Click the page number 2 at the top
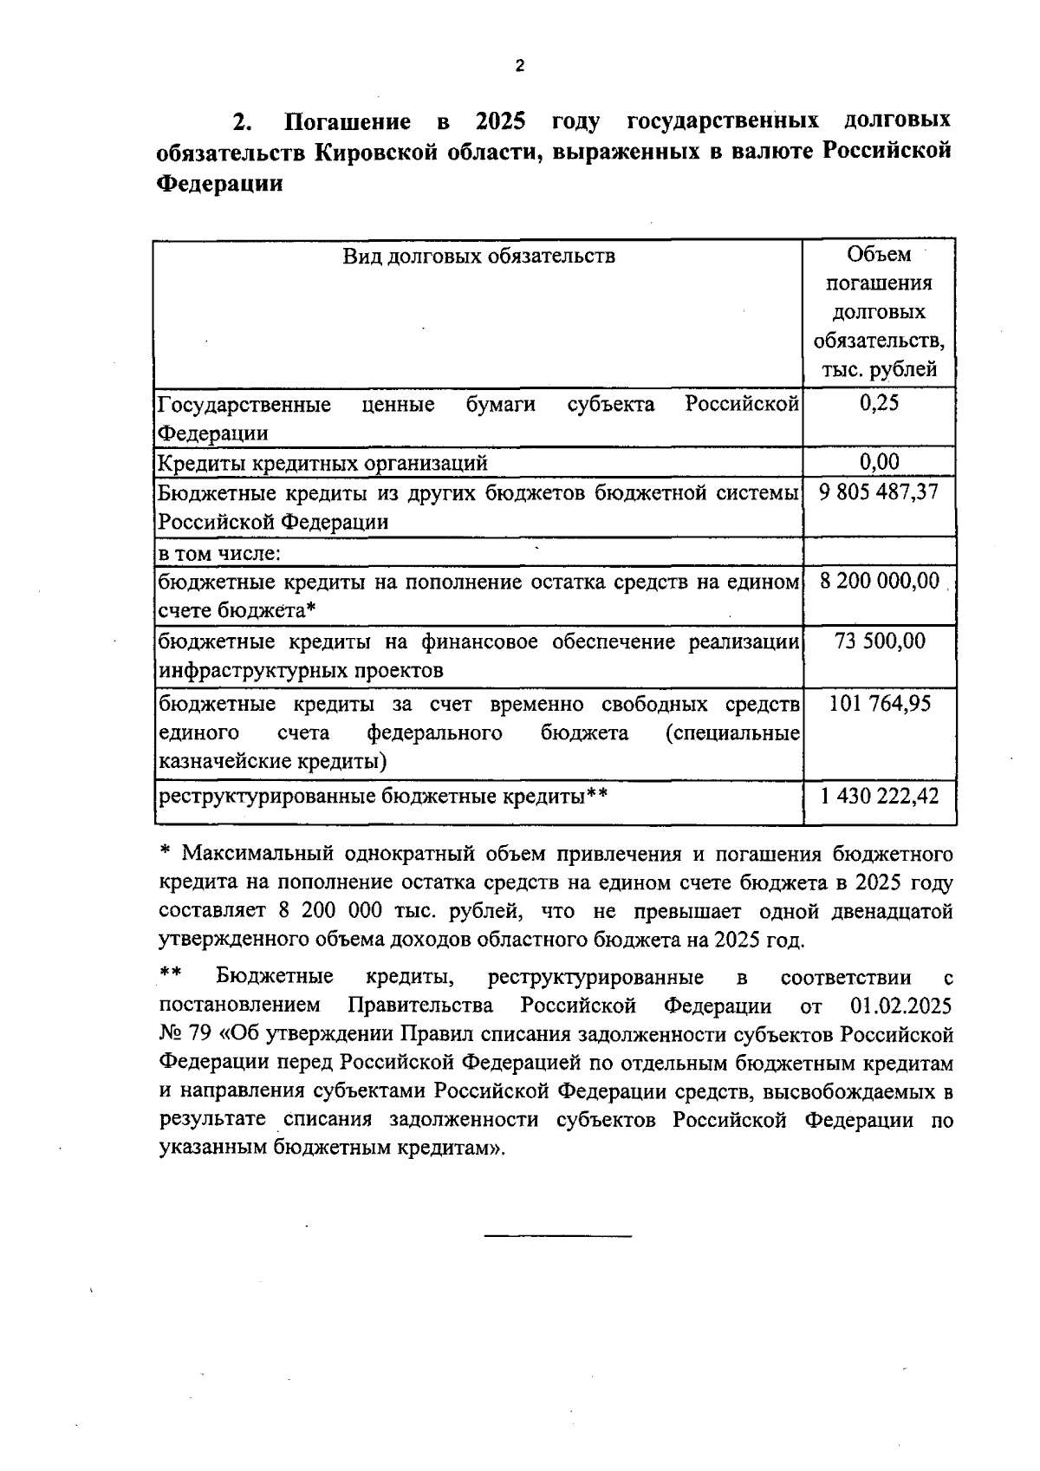[x=519, y=67]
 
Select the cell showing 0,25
[x=879, y=403]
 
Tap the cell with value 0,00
[x=879, y=462]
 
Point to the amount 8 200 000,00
[x=879, y=581]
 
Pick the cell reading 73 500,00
[x=879, y=641]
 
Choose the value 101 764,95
[x=879, y=703]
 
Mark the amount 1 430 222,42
[x=879, y=795]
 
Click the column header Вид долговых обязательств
[x=478, y=256]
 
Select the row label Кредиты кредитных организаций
[x=322, y=463]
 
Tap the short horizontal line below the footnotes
[x=557, y=1234]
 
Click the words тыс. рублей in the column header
[x=879, y=370]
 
